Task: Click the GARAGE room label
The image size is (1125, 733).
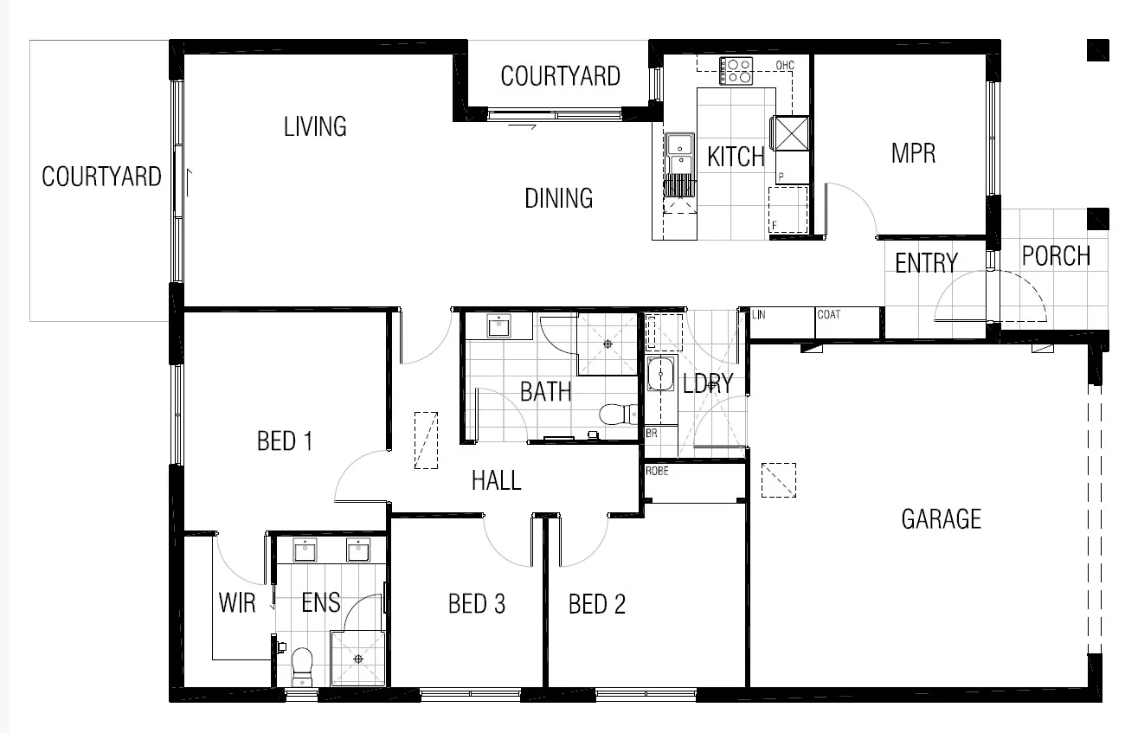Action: (941, 519)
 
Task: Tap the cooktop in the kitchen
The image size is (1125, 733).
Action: (736, 70)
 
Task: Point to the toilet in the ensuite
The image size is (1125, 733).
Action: (302, 665)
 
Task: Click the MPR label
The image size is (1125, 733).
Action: (913, 154)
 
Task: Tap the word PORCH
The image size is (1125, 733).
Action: (1056, 256)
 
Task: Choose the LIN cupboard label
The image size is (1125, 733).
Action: (759, 314)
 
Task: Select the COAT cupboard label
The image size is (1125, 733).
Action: (828, 314)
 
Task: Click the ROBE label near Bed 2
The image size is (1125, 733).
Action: (657, 471)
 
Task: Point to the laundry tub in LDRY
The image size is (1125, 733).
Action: (661, 375)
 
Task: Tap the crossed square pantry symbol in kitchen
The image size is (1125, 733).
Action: (792, 132)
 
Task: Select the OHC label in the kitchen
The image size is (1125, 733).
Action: (785, 65)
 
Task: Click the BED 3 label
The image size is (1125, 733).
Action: (476, 604)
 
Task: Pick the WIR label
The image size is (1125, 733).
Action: (236, 602)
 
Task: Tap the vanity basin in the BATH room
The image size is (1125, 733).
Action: (498, 326)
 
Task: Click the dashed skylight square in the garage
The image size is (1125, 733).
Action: (778, 479)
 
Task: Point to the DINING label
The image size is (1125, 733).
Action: (558, 198)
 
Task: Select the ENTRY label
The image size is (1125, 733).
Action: (926, 263)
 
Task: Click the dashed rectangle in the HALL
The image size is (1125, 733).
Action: (426, 440)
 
